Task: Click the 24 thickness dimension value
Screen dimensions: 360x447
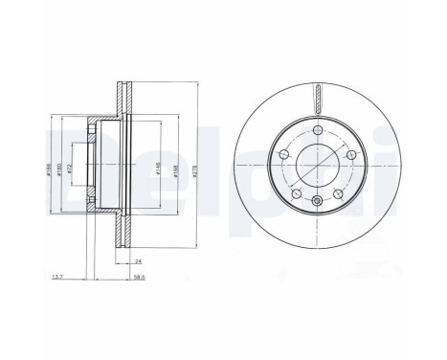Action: click(x=138, y=259)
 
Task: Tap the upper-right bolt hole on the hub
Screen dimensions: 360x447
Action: click(x=346, y=157)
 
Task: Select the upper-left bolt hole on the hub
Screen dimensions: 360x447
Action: click(x=284, y=156)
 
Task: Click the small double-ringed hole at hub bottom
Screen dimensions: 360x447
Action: click(x=317, y=199)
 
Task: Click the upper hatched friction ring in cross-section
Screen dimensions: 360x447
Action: click(x=122, y=100)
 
